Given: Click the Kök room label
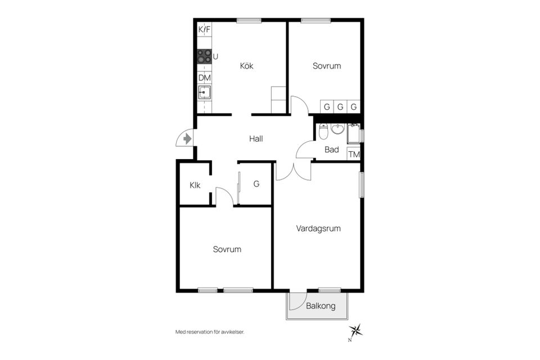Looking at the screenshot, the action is coord(246,66).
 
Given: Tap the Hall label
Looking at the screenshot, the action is coord(256,139).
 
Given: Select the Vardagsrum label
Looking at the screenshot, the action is coord(318,228).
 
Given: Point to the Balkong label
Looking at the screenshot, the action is coord(321,306).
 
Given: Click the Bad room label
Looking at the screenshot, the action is coord(332,150).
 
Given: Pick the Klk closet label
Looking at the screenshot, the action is coord(195,185).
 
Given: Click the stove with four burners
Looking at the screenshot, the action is coord(204,56).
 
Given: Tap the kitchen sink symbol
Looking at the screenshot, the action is coord(204,93).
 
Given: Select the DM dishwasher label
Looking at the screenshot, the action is coord(205,78).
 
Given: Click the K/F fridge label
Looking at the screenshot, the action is coord(204,30).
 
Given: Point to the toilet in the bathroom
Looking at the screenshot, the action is coord(323,131).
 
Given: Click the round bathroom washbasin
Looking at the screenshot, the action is coord(338,129).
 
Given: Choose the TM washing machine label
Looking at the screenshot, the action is coord(354,154).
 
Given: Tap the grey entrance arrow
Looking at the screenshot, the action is coord(187,139).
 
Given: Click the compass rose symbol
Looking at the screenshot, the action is coord(355,331).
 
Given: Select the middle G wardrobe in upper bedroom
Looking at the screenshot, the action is coord(340,107).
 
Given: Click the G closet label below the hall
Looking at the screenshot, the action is coord(256,184).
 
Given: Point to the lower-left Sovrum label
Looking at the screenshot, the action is coord(227,249).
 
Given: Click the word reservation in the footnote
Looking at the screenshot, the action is coord(199,332).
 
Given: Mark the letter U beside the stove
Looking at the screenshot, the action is coord(215,56).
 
